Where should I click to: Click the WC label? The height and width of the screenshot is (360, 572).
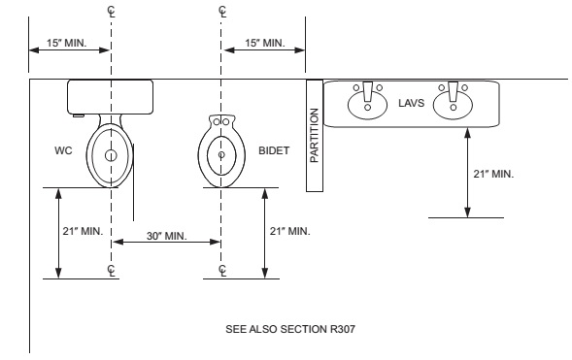pyautogui.click(x=63, y=150)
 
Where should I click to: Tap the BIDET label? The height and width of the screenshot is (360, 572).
pyautogui.click(x=274, y=150)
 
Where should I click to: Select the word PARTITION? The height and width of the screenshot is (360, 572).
pyautogui.click(x=314, y=135)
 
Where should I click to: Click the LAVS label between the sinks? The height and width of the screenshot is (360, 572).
pyautogui.click(x=411, y=103)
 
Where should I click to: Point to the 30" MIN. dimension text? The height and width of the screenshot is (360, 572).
pyautogui.click(x=167, y=236)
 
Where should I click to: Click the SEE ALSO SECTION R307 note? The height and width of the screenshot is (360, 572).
pyautogui.click(x=290, y=329)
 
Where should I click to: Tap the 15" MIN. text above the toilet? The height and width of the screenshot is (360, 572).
pyautogui.click(x=66, y=43)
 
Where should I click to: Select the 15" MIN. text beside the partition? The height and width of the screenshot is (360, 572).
pyautogui.click(x=265, y=43)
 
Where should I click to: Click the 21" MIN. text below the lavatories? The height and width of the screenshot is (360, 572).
pyautogui.click(x=493, y=174)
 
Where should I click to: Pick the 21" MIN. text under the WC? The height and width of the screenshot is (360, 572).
pyautogui.click(x=83, y=231)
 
